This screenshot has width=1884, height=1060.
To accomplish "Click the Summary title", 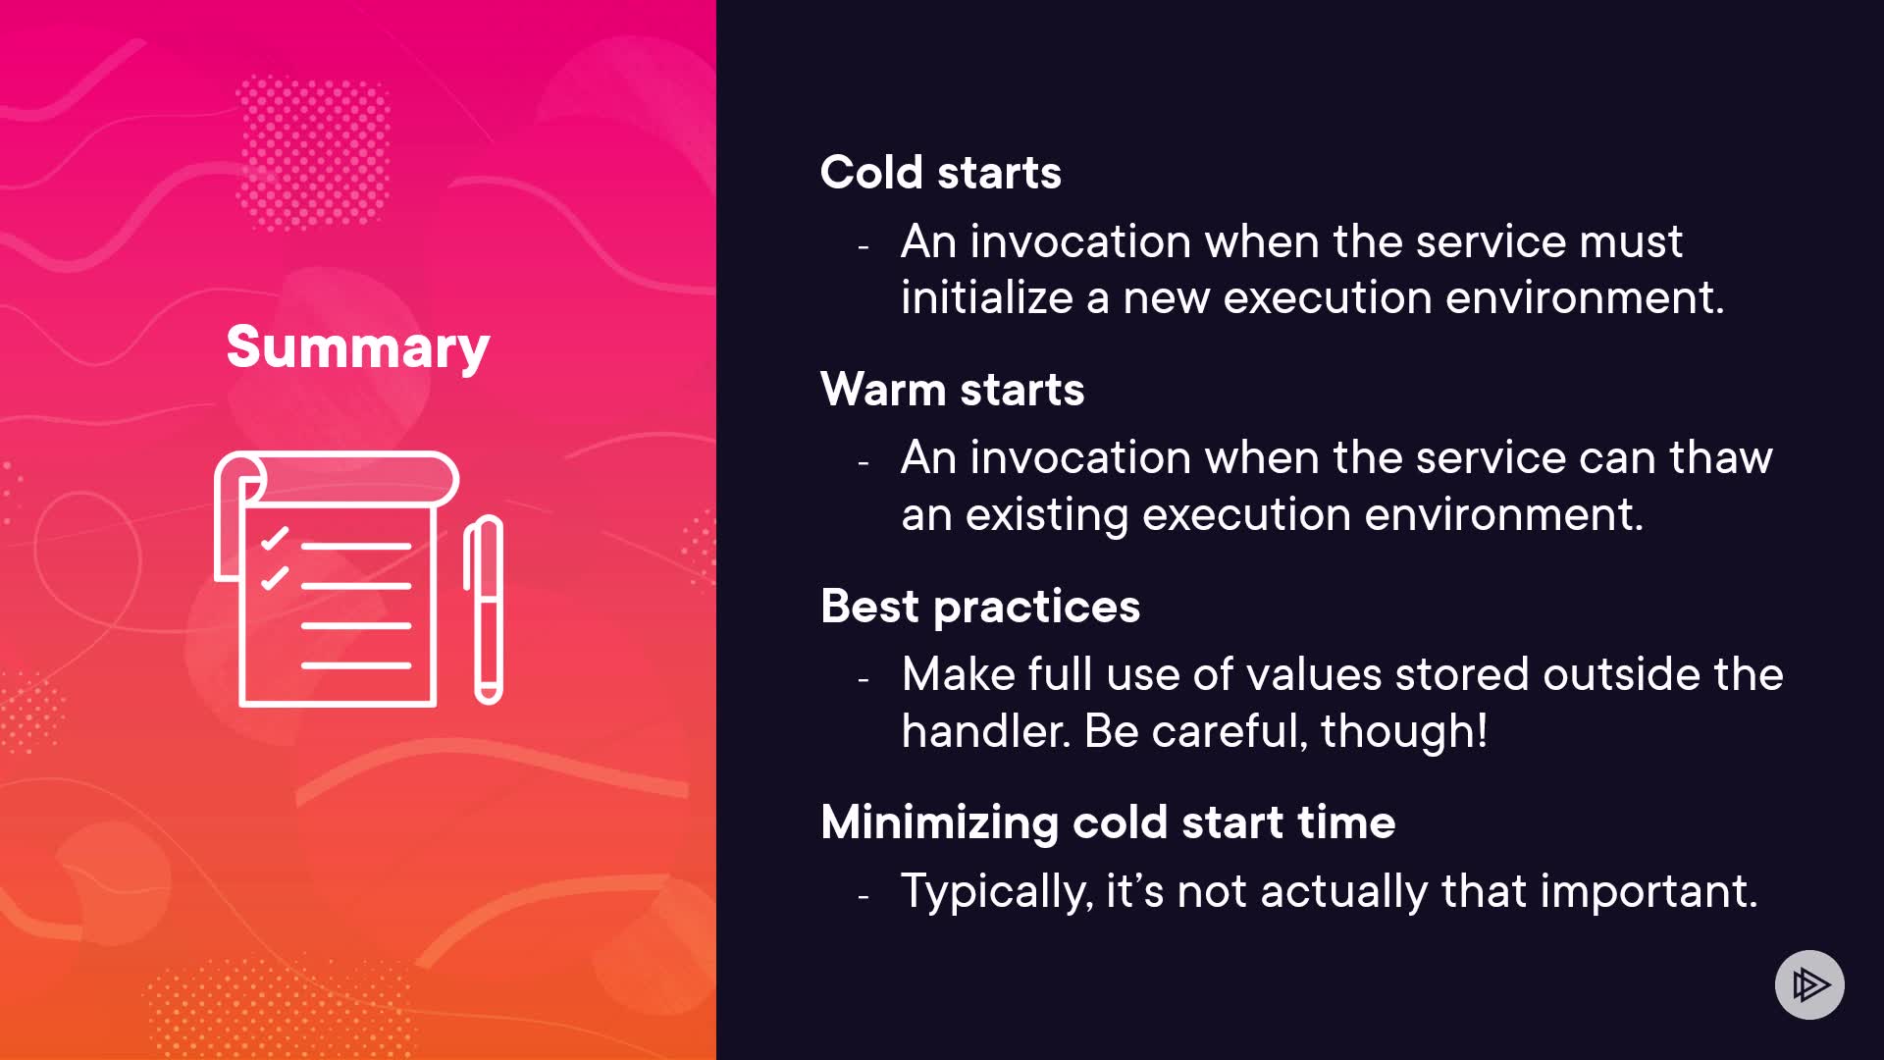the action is (357, 347).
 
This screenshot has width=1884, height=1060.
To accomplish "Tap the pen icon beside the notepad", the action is (484, 609).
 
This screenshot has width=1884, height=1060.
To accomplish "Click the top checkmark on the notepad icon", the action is (274, 538).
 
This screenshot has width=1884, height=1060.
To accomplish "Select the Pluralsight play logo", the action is (1809, 984).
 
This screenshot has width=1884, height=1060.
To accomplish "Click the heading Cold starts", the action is (941, 173).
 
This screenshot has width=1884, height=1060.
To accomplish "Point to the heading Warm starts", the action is (953, 390).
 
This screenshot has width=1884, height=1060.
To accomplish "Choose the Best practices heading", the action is (980, 607).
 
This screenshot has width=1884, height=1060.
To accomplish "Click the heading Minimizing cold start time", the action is (1108, 822).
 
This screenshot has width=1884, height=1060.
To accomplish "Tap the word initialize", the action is (987, 297).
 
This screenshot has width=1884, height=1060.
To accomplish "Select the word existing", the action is (1047, 515).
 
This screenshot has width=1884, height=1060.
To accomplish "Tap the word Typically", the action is (997, 892).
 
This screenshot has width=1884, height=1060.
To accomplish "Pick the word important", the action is (1648, 892).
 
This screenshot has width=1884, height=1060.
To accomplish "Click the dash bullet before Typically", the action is (863, 895).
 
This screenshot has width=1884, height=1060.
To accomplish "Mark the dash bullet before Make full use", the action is (863, 678).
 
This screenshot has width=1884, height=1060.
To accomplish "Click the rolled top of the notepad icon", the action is (337, 479).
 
